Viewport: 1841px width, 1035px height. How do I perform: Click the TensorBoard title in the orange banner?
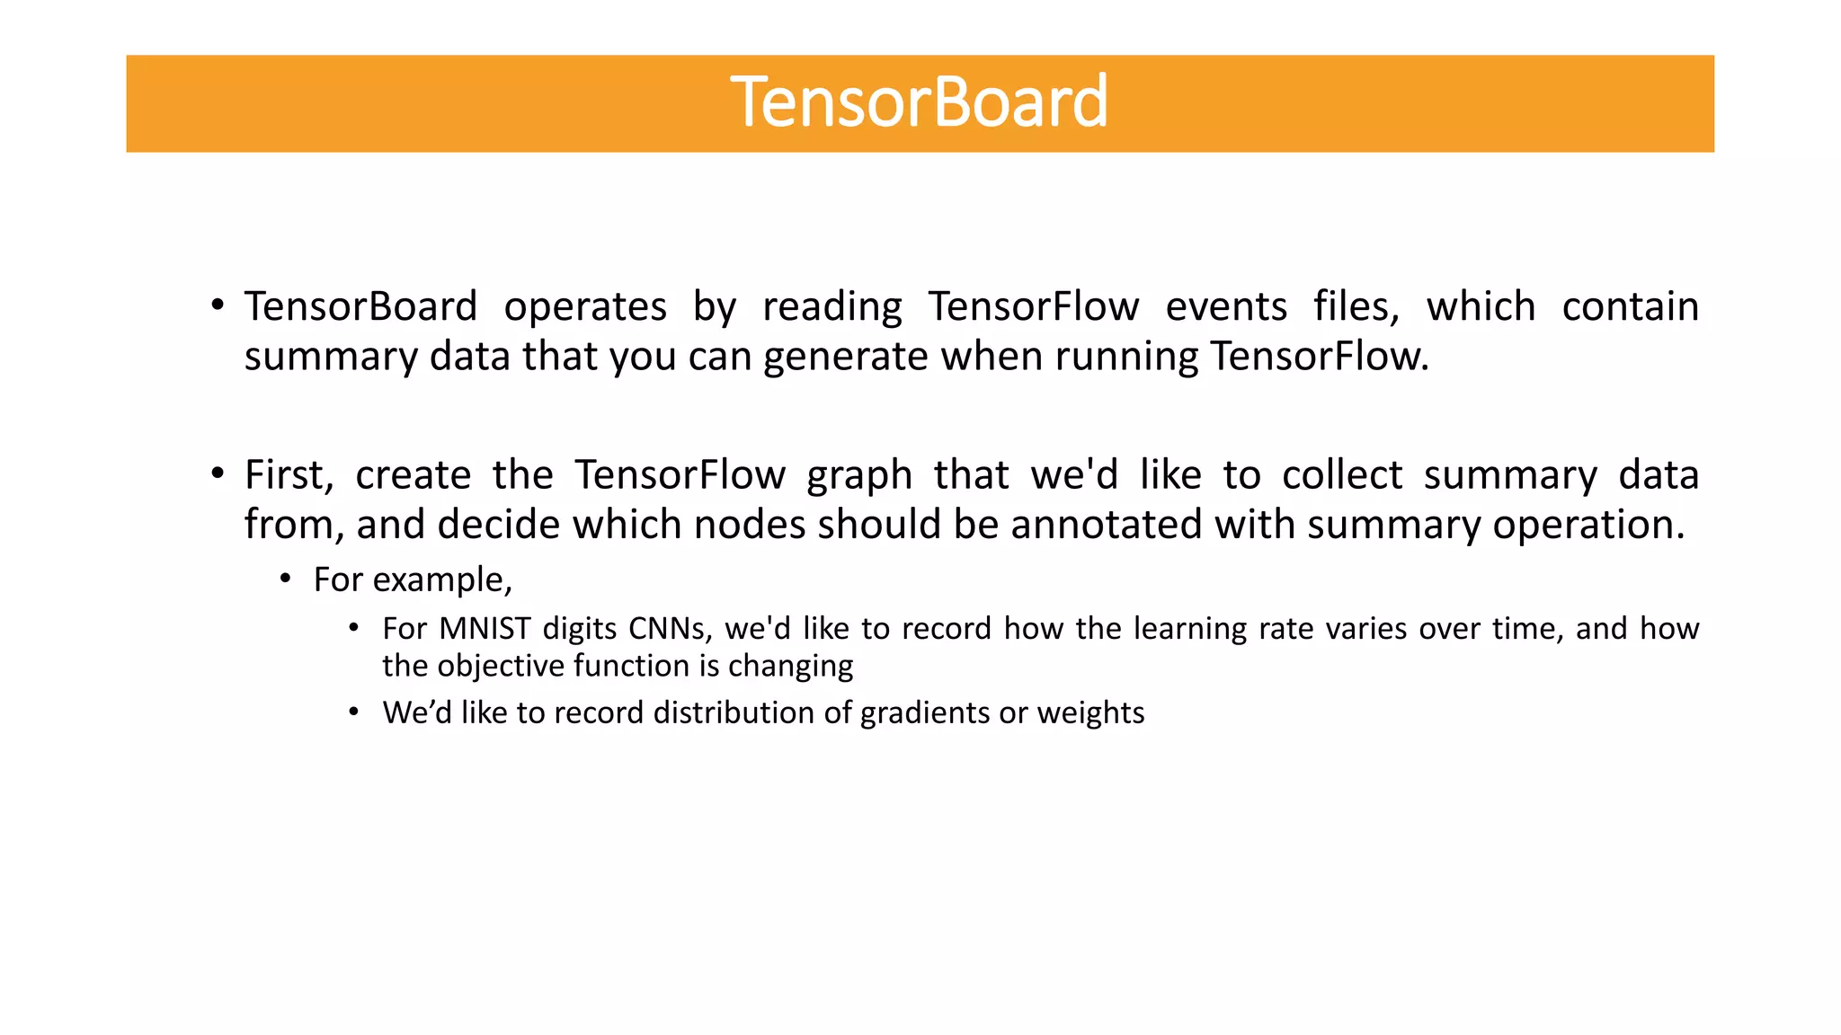[x=919, y=102]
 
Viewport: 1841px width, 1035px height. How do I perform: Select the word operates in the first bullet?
[x=585, y=307]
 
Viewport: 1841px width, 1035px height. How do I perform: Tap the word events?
[x=1226, y=307]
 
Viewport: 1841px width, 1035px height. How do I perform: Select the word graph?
[x=858, y=476]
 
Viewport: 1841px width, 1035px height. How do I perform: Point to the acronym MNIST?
[x=485, y=629]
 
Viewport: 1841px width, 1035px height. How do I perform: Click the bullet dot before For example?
[x=286, y=579]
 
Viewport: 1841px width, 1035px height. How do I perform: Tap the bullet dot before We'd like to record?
[x=354, y=712]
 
